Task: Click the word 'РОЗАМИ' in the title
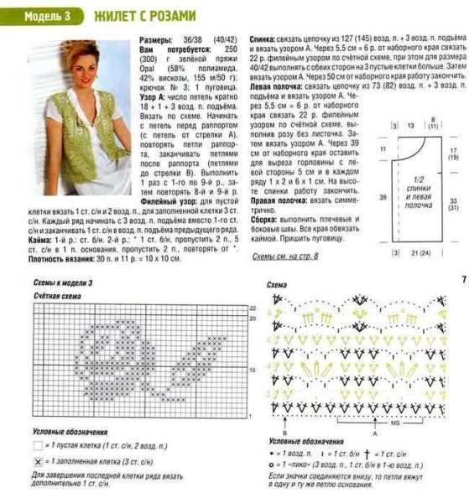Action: click(x=173, y=16)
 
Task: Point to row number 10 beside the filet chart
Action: click(x=251, y=368)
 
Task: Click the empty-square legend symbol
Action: click(x=37, y=446)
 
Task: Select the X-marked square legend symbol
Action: click(x=37, y=462)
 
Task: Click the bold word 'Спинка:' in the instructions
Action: click(x=264, y=39)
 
